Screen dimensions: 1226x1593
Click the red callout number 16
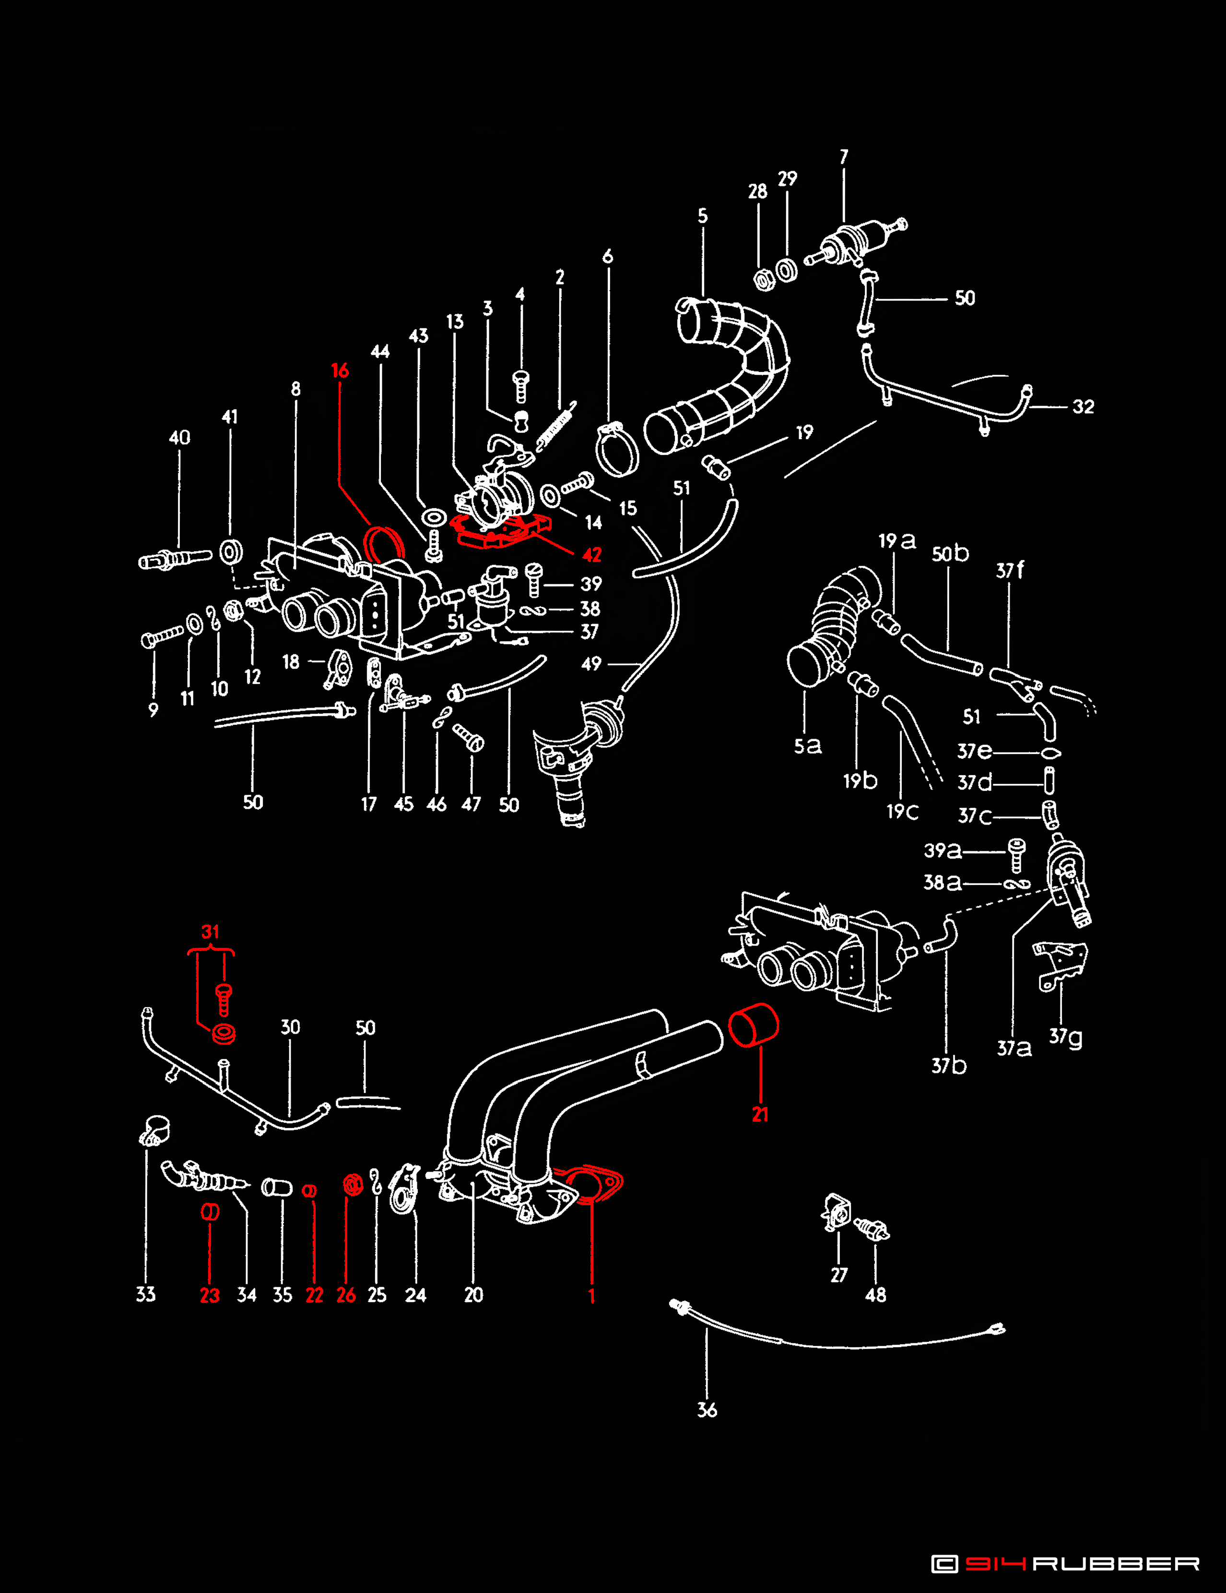[340, 371]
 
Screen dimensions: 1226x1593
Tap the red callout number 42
[592, 555]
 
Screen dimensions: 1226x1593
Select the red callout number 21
[760, 1115]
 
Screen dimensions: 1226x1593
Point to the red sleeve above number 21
[754, 1025]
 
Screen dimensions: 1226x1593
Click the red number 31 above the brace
[210, 931]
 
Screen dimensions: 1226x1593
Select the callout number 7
[844, 157]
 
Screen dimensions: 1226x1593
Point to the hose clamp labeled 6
[617, 449]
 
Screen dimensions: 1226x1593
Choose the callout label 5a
[808, 745]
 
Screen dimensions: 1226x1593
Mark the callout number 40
[179, 438]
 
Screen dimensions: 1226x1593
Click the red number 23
[210, 1295]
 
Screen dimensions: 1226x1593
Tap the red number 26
[346, 1295]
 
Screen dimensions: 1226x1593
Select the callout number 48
[876, 1295]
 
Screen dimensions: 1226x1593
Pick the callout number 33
[146, 1295]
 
